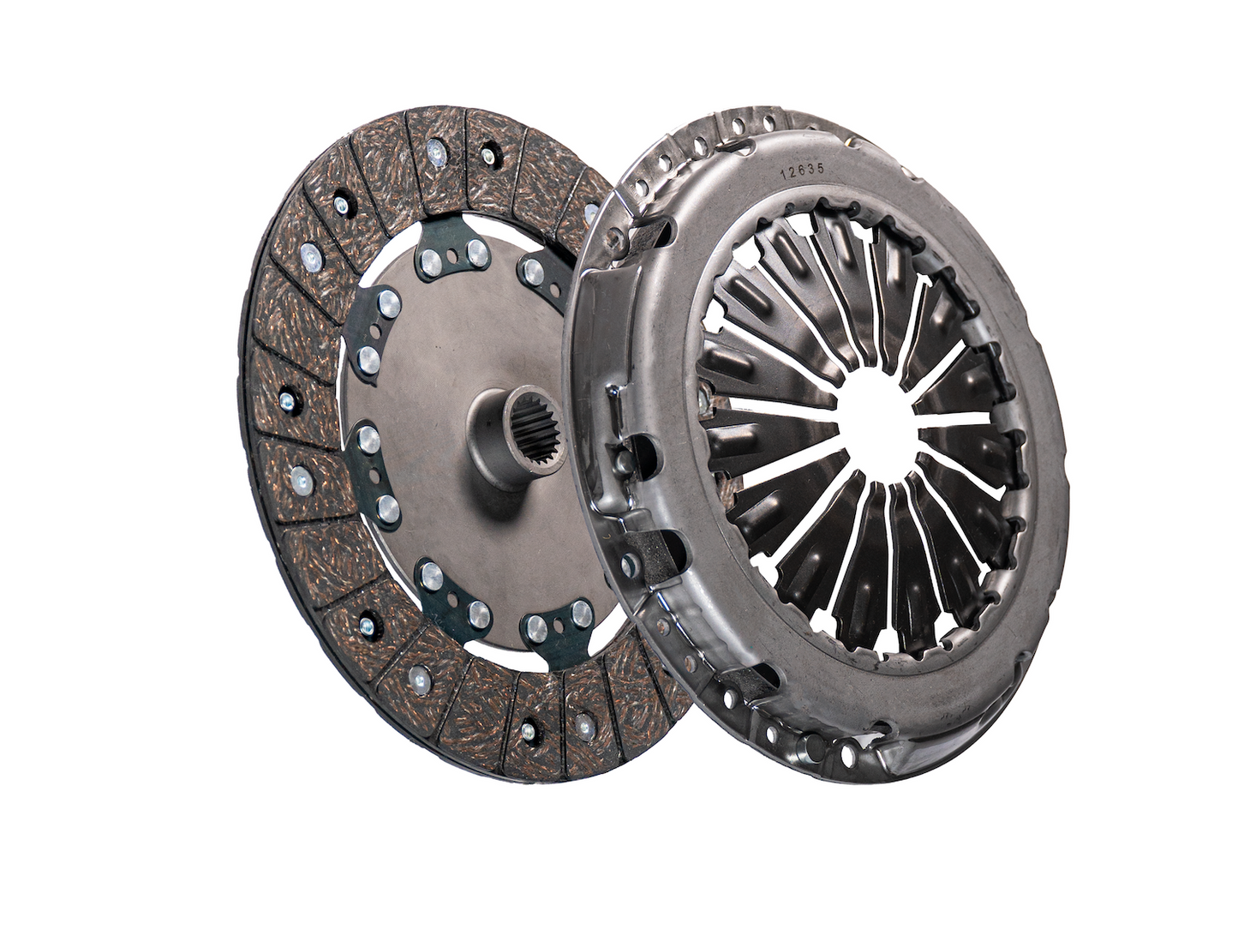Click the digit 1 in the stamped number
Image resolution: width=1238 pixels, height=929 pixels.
[784, 173]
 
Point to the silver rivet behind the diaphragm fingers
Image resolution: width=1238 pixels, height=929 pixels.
[703, 396]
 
